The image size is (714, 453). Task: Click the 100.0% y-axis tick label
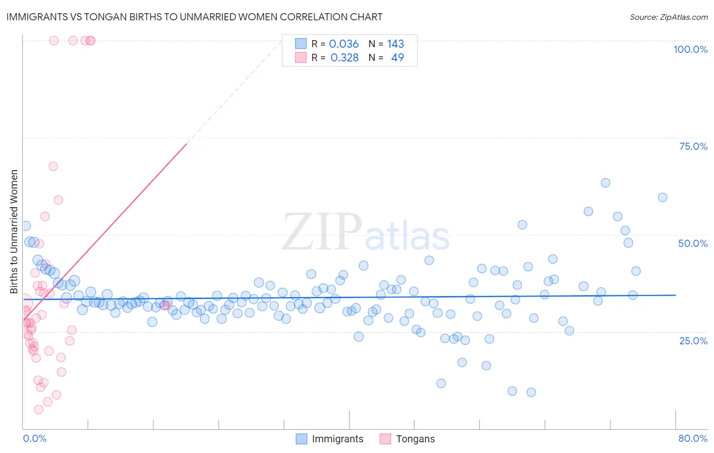(x=690, y=49)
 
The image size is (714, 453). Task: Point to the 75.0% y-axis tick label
(x=693, y=146)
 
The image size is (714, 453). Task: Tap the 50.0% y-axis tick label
(x=693, y=243)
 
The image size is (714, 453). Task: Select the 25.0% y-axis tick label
(x=693, y=340)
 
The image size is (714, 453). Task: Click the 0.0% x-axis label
(x=35, y=438)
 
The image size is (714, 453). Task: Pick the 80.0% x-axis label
(x=693, y=438)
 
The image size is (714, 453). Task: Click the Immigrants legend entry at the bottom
(x=337, y=439)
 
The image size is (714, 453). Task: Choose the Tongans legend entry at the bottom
(x=415, y=439)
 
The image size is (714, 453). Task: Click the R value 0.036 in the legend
(x=344, y=44)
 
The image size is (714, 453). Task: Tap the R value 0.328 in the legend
(x=344, y=58)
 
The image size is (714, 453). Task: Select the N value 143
(x=396, y=44)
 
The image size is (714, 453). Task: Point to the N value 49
(x=397, y=58)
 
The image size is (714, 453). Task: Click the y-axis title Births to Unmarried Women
(x=14, y=232)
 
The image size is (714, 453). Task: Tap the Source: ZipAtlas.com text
(x=668, y=17)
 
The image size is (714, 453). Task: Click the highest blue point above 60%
(x=605, y=183)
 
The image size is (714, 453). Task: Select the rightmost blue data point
(x=663, y=198)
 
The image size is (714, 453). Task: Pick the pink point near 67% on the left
(x=53, y=167)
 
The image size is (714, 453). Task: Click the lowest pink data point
(x=39, y=409)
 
